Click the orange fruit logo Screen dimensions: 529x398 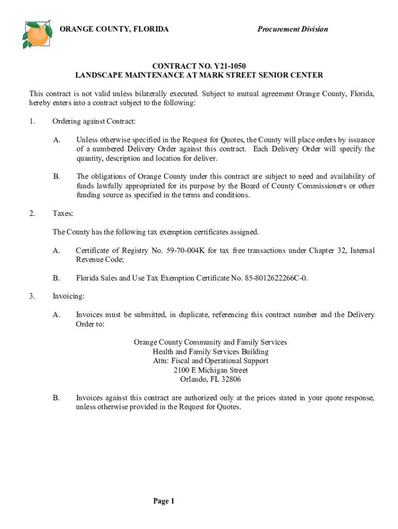click(x=37, y=34)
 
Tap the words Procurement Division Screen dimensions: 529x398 click(x=293, y=29)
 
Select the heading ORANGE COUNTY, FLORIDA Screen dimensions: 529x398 click(x=114, y=29)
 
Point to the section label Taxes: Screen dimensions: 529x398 click(x=63, y=213)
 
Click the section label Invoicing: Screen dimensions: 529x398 click(x=68, y=297)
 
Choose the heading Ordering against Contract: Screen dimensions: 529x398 click(x=94, y=121)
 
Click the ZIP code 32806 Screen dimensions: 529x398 click(x=230, y=379)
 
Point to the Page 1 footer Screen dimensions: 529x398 click(x=164, y=501)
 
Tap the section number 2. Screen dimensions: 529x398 click(x=32, y=213)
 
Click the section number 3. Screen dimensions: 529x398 click(x=32, y=297)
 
